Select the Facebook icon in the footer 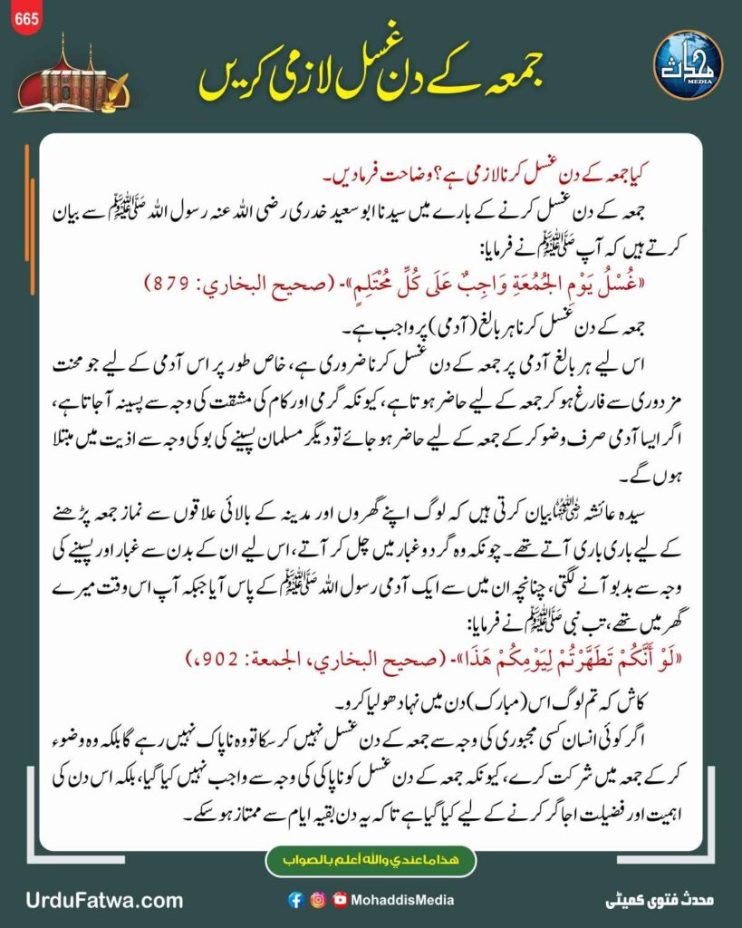(295, 900)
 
